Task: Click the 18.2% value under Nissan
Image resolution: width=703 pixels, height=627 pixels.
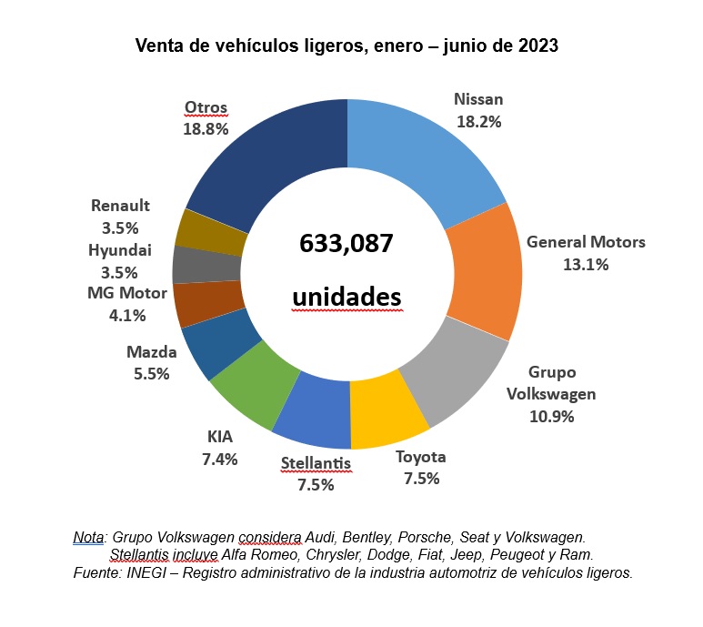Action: pyautogui.click(x=478, y=120)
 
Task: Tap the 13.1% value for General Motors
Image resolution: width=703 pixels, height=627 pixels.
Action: pyautogui.click(x=586, y=264)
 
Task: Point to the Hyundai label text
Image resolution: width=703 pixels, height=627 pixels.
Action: pyautogui.click(x=120, y=250)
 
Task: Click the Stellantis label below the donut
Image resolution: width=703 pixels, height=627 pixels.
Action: pyautogui.click(x=315, y=464)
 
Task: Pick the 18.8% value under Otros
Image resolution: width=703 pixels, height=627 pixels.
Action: pyautogui.click(x=206, y=129)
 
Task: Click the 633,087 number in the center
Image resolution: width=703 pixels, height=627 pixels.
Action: pyautogui.click(x=346, y=244)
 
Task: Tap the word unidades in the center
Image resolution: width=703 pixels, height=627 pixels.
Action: pyautogui.click(x=346, y=298)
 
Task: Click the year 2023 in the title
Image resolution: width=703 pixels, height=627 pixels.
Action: pyautogui.click(x=538, y=46)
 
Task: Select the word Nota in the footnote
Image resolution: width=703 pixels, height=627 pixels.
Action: pyautogui.click(x=88, y=537)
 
